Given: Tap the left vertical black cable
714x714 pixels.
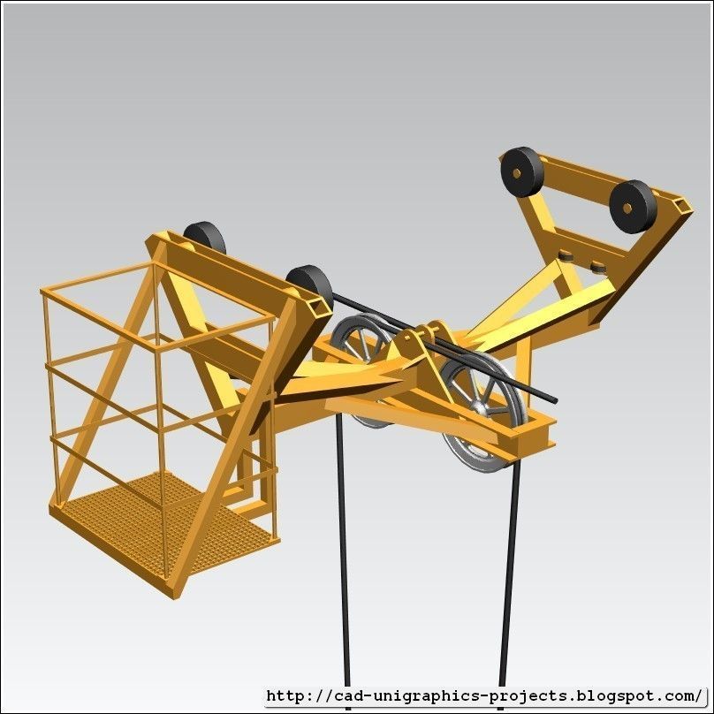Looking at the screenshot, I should pos(342,566).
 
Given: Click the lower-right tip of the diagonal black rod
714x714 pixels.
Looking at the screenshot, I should pos(553,399).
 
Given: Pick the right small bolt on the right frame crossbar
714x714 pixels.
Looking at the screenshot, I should pos(598,264).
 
